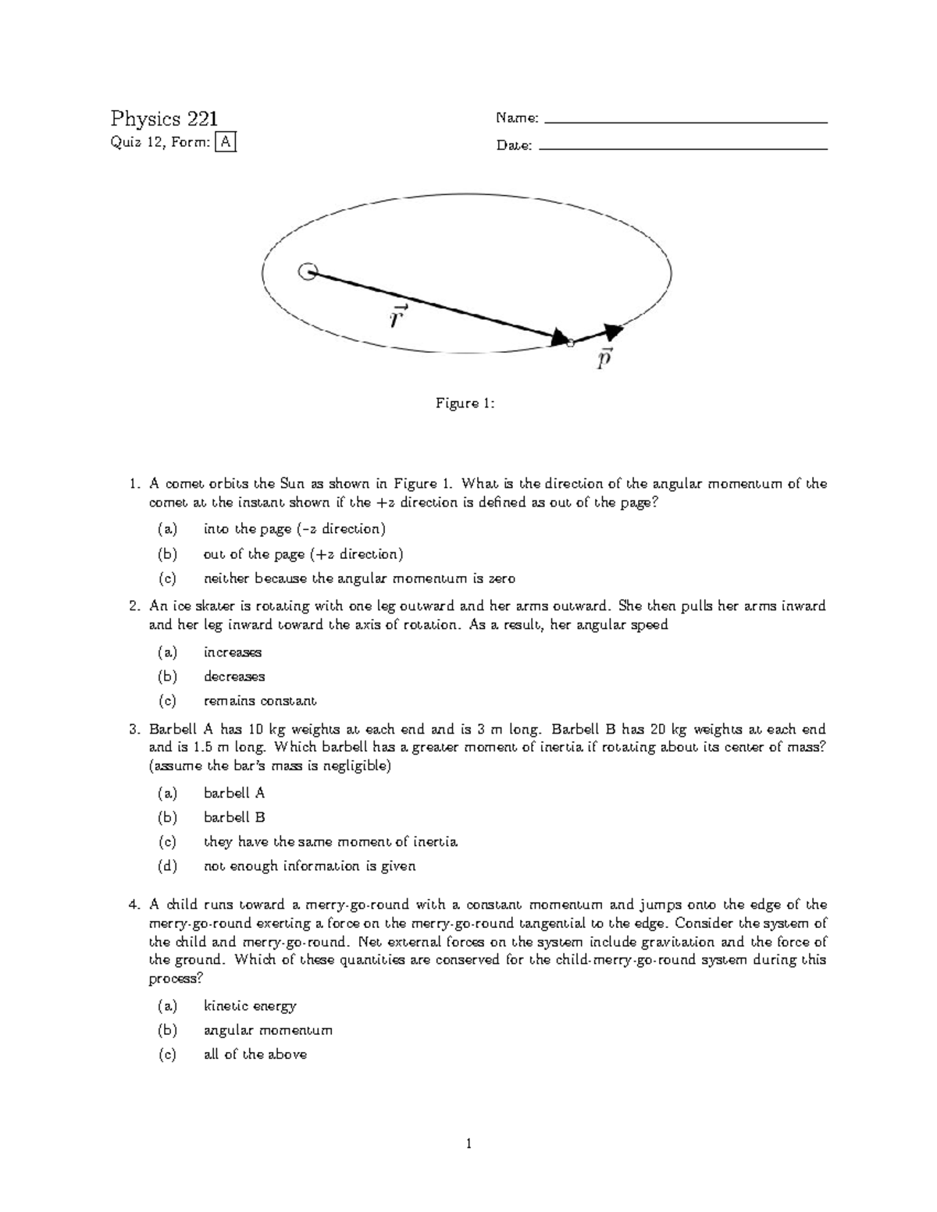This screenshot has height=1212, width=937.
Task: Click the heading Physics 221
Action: [163, 119]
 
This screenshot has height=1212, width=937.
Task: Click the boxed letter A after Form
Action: [225, 142]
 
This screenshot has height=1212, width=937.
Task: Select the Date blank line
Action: [683, 148]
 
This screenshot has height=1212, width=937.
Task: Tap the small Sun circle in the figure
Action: [307, 272]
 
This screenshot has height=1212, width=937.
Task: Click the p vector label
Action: [604, 359]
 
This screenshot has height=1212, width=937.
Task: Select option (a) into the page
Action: [294, 529]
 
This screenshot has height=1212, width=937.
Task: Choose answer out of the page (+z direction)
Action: [303, 554]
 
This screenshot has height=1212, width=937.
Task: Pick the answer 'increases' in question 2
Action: [232, 652]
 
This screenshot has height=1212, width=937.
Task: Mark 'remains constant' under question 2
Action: [259, 701]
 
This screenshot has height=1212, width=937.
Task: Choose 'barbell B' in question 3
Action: [234, 817]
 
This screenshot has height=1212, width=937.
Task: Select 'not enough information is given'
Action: [309, 865]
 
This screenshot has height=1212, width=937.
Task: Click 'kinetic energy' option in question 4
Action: [249, 1006]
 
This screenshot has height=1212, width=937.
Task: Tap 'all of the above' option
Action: [255, 1054]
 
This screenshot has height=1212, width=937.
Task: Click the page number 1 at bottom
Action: [468, 1145]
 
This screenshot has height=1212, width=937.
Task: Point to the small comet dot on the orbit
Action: [570, 343]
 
